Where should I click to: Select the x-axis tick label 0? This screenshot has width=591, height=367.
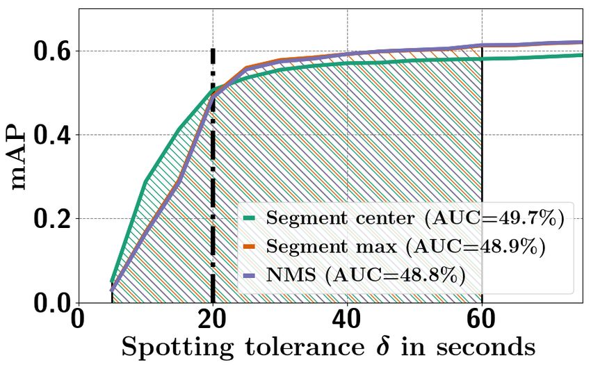tap(78, 320)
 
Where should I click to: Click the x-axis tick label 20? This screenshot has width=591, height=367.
tap(212, 320)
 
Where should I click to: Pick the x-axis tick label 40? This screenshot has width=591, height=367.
tap(347, 320)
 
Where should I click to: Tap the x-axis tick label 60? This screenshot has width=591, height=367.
tap(481, 320)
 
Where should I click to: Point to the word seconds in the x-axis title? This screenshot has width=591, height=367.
tap(486, 347)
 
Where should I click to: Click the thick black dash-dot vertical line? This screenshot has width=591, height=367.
tap(213, 174)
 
